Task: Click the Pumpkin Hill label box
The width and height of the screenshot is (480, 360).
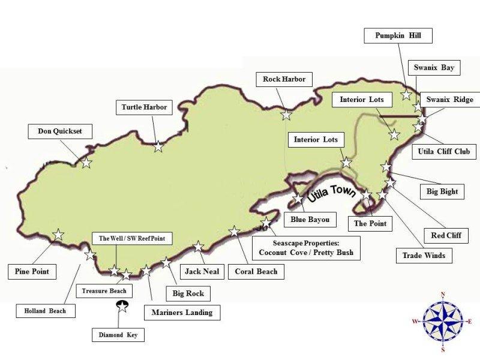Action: pyautogui.click(x=398, y=36)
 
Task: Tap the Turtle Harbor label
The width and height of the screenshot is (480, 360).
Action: pyautogui.click(x=144, y=108)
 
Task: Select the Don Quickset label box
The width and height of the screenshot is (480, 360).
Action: pyautogui.click(x=60, y=131)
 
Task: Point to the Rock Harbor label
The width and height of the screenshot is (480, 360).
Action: pyautogui.click(x=284, y=79)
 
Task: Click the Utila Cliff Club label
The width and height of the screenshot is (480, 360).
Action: pyautogui.click(x=447, y=152)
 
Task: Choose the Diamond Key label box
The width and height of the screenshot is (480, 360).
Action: pyautogui.click(x=118, y=335)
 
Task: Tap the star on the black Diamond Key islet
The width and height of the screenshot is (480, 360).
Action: pyautogui.click(x=122, y=307)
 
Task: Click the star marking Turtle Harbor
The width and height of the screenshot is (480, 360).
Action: pyautogui.click(x=158, y=146)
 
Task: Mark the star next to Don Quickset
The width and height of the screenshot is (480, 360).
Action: pyautogui.click(x=86, y=162)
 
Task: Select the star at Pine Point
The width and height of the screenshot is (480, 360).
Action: pyautogui.click(x=58, y=235)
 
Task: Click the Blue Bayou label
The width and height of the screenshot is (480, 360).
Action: pyautogui.click(x=310, y=220)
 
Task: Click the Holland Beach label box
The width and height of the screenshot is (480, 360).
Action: pyautogui.click(x=46, y=311)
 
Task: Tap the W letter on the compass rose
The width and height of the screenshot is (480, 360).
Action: pyautogui.click(x=415, y=322)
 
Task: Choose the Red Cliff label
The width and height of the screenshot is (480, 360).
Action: pyautogui.click(x=446, y=235)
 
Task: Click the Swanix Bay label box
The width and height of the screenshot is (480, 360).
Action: pyautogui.click(x=439, y=68)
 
